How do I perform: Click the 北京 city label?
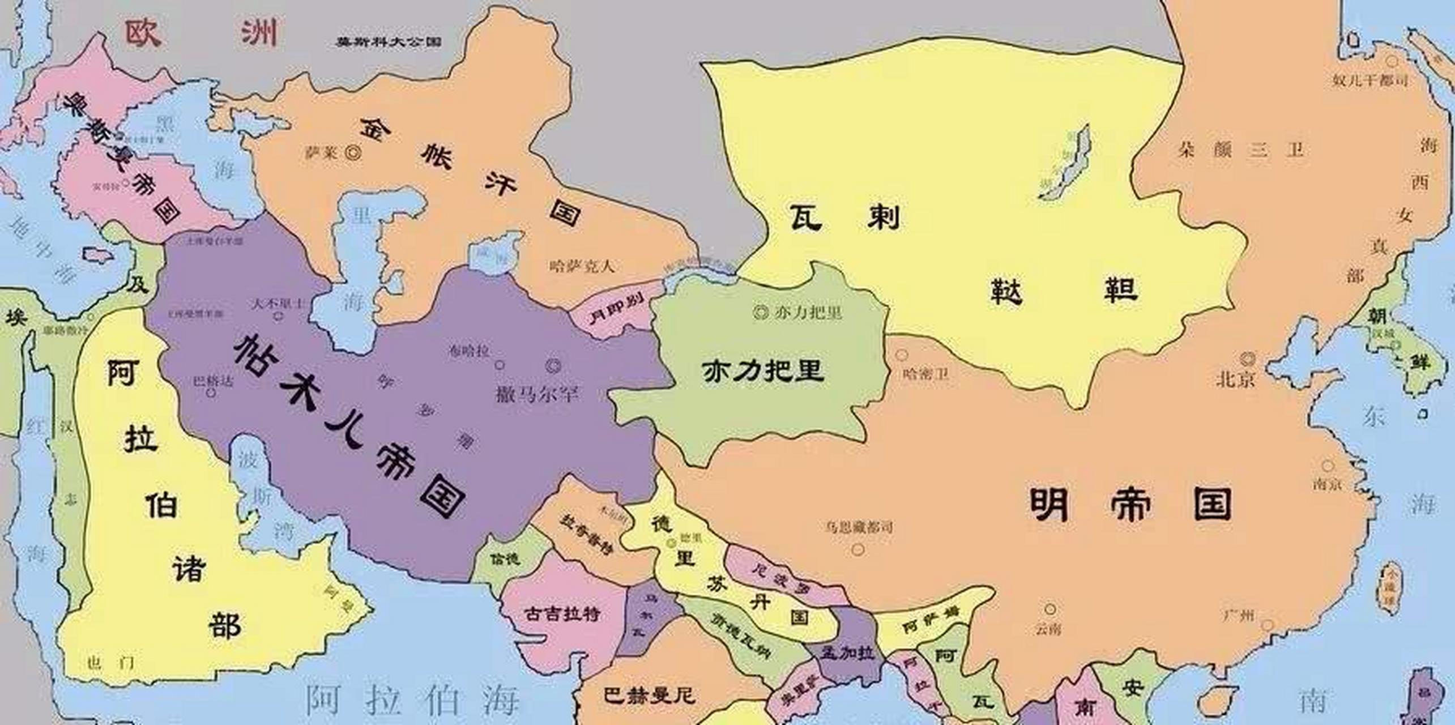click(x=1236, y=378)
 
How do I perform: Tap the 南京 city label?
click(x=1328, y=485)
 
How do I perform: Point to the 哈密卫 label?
click(x=926, y=374)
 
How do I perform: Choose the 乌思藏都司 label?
click(x=859, y=527)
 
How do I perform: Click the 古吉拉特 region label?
click(x=562, y=613)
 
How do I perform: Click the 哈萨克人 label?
click(x=582, y=266)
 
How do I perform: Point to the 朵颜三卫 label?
click(x=1240, y=150)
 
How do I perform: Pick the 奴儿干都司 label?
click(x=1370, y=80)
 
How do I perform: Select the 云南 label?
click(x=1048, y=629)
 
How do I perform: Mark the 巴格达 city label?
click(x=213, y=381)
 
